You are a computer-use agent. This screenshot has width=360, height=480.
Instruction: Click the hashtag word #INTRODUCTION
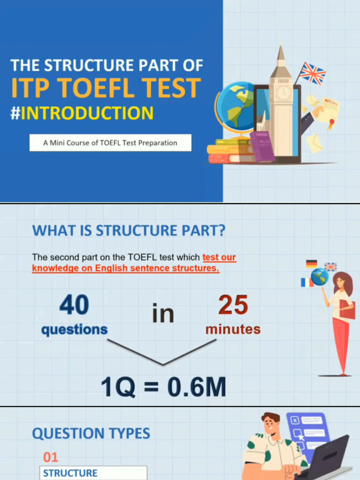tap(82, 113)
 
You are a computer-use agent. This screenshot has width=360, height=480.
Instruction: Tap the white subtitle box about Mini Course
tap(110, 143)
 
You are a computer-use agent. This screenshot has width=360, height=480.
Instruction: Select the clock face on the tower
tap(283, 93)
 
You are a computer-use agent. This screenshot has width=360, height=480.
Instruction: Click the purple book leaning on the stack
tap(262, 146)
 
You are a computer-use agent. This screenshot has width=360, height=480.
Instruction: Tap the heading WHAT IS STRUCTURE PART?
tap(128, 231)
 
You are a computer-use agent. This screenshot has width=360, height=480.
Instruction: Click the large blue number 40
tap(74, 306)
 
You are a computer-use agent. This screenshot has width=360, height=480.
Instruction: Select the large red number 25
tap(233, 306)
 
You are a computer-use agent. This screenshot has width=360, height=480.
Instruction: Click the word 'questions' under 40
tap(74, 330)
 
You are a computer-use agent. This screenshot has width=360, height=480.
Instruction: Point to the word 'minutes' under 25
tap(233, 329)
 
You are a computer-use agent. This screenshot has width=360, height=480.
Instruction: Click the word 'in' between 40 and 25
tap(163, 313)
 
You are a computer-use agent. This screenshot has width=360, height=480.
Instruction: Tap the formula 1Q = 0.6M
tap(163, 387)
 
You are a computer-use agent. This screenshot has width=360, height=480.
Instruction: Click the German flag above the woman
tap(312, 264)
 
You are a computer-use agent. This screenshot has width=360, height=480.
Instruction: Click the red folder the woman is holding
tap(348, 309)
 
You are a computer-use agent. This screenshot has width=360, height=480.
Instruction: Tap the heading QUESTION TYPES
tap(91, 434)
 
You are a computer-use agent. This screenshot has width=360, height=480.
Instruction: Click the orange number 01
tap(51, 457)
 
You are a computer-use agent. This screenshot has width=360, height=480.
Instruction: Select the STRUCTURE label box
tap(94, 473)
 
